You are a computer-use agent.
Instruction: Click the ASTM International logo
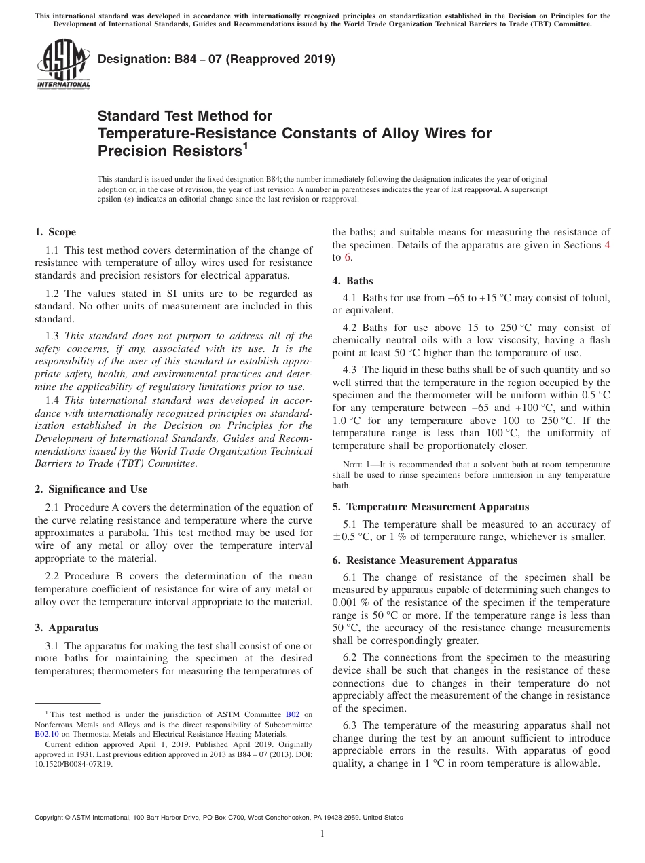click(x=62, y=65)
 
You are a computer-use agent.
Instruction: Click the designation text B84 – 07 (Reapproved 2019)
click(x=217, y=59)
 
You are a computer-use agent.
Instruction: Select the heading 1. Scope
click(x=55, y=232)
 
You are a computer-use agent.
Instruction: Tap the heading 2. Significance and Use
click(x=90, y=488)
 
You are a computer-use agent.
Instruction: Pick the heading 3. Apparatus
click(x=66, y=628)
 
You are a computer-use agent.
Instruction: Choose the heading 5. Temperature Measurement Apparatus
click(x=430, y=507)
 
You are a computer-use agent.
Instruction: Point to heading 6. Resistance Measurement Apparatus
click(x=424, y=560)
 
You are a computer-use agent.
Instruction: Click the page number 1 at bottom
click(x=322, y=833)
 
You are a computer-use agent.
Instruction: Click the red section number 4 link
click(x=607, y=245)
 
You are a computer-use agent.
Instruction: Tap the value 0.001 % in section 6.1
click(x=354, y=602)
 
